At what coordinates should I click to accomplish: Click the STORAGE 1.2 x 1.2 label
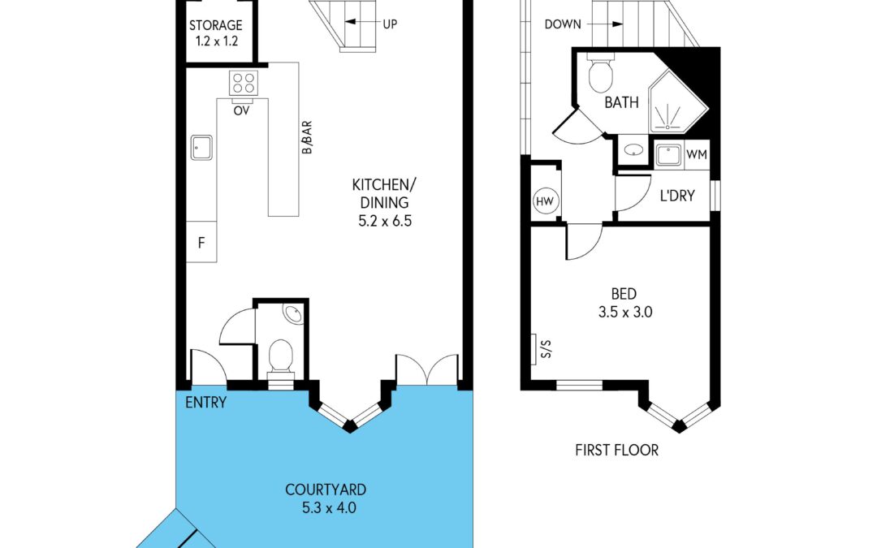tap(217, 33)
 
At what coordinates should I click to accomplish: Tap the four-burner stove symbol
tap(244, 83)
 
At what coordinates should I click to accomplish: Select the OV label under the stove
tap(241, 110)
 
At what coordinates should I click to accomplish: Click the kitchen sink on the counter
tap(201, 147)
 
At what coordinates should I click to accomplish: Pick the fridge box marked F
tap(201, 242)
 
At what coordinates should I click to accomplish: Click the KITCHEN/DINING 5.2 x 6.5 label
tap(380, 202)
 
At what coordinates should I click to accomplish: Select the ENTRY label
tap(205, 403)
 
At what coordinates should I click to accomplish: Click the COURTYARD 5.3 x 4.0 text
tap(326, 499)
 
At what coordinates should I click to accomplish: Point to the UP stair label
tap(390, 24)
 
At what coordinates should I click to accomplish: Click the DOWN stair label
tap(563, 24)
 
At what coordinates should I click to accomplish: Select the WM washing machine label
tap(696, 154)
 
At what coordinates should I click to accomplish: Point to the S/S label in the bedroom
tap(546, 349)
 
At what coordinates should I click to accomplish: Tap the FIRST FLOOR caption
tap(616, 450)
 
